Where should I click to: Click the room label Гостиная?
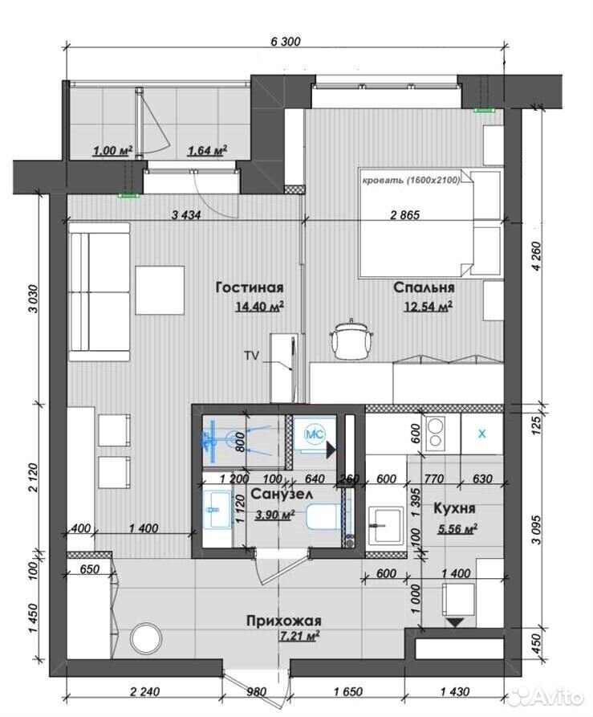coord(250,287)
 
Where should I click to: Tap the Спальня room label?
coord(424,287)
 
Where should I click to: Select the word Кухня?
coord(454,508)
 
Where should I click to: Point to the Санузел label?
coord(282,494)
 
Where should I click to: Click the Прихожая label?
coord(284,621)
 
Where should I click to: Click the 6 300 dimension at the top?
coord(286,42)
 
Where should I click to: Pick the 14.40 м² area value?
coord(259,306)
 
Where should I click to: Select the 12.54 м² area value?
coord(428,306)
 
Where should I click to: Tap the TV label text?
coord(251,356)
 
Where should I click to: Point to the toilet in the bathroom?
coord(323,517)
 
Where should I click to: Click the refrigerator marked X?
coord(482,434)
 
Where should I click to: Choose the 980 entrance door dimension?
coord(256,692)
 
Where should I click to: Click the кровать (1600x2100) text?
coord(411,181)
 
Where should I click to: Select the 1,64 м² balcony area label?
coord(207,150)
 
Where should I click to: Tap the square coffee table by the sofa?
coord(160,290)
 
